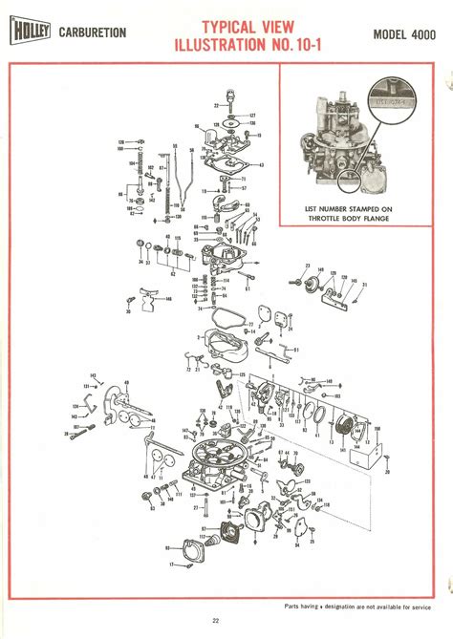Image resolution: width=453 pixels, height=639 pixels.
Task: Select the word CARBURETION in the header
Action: [x=93, y=33]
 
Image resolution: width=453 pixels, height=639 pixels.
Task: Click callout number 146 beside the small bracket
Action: [x=168, y=299]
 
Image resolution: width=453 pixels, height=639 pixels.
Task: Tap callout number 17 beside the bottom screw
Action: [x=172, y=565]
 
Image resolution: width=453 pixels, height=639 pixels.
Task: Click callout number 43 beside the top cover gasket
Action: [x=262, y=165]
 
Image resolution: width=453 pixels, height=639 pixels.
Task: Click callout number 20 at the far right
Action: [x=387, y=471]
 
